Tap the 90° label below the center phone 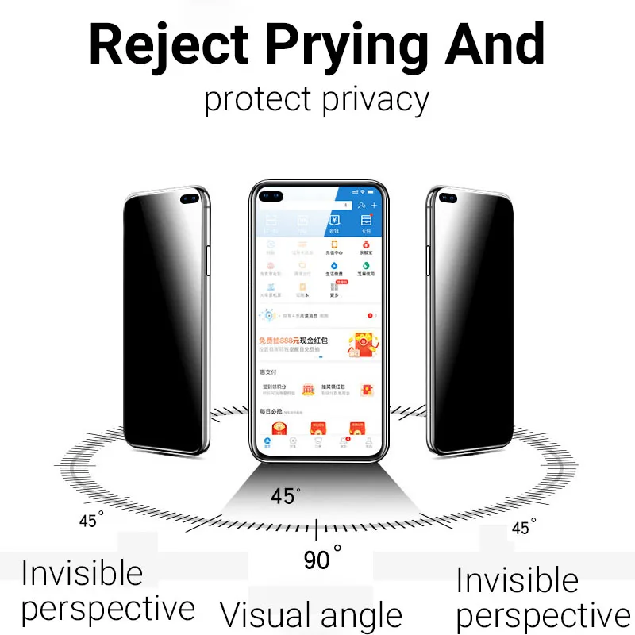coord(321,559)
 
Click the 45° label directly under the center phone coord(285,497)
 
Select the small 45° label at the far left coord(91,521)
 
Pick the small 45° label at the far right coord(524,527)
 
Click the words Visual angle coord(311,615)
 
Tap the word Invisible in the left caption coord(82,573)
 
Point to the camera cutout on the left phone coord(190,199)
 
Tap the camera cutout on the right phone coord(446,199)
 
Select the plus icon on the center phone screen coord(375,206)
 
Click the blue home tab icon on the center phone coord(267,441)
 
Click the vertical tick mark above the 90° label coord(317,529)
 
